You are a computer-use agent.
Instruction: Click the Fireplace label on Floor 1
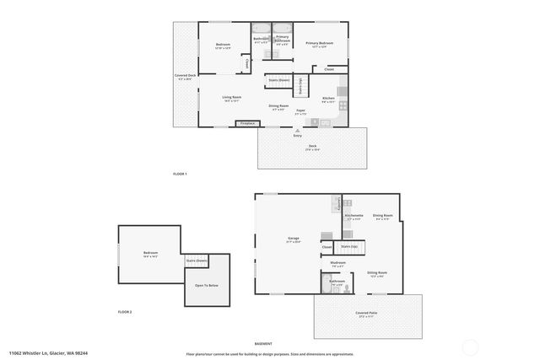click(247, 124)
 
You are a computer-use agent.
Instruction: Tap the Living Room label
click(233, 98)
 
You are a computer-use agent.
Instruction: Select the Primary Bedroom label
click(319, 43)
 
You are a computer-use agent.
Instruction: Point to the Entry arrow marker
click(297, 129)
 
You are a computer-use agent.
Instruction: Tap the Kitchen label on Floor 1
click(329, 99)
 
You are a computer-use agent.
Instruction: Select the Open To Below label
click(207, 285)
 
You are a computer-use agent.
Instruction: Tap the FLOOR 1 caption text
click(179, 173)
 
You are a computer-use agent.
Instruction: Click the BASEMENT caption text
click(262, 344)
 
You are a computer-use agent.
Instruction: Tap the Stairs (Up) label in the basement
click(348, 246)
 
